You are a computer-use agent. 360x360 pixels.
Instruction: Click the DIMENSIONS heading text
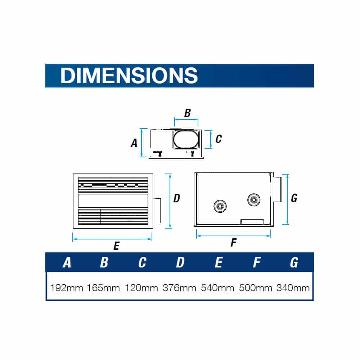[x=129, y=75]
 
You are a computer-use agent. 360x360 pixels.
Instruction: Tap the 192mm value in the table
[x=66, y=288]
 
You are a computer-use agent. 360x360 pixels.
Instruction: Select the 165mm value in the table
[x=103, y=288]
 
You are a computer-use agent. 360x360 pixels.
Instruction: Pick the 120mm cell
[x=141, y=288]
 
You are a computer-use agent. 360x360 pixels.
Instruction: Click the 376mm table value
[x=179, y=288]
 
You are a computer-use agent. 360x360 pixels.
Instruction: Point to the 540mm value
[x=217, y=288]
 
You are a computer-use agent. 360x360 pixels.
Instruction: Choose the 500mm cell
[x=256, y=288]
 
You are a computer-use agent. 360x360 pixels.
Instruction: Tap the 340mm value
[x=293, y=288]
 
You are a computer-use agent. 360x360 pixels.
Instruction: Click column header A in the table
[x=67, y=262]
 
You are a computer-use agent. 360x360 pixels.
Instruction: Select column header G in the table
[x=294, y=262]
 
